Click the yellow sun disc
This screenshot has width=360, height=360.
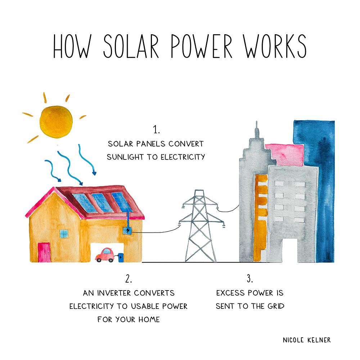coord(56,122)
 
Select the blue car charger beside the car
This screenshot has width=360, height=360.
coord(121,258)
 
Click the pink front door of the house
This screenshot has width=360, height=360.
coord(44,252)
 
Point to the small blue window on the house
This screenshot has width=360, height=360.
coord(64,234)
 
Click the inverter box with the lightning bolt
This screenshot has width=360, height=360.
coord(127,230)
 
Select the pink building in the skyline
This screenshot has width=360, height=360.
coord(285,154)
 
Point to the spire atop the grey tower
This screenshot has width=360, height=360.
coord(257,129)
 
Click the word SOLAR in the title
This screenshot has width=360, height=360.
coord(131,46)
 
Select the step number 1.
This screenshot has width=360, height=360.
coord(156,130)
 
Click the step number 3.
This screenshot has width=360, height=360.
coord(250,279)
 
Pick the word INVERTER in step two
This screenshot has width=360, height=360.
coord(113,293)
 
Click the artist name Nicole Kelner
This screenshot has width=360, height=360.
coord(307,340)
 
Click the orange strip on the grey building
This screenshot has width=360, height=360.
coord(261,218)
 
